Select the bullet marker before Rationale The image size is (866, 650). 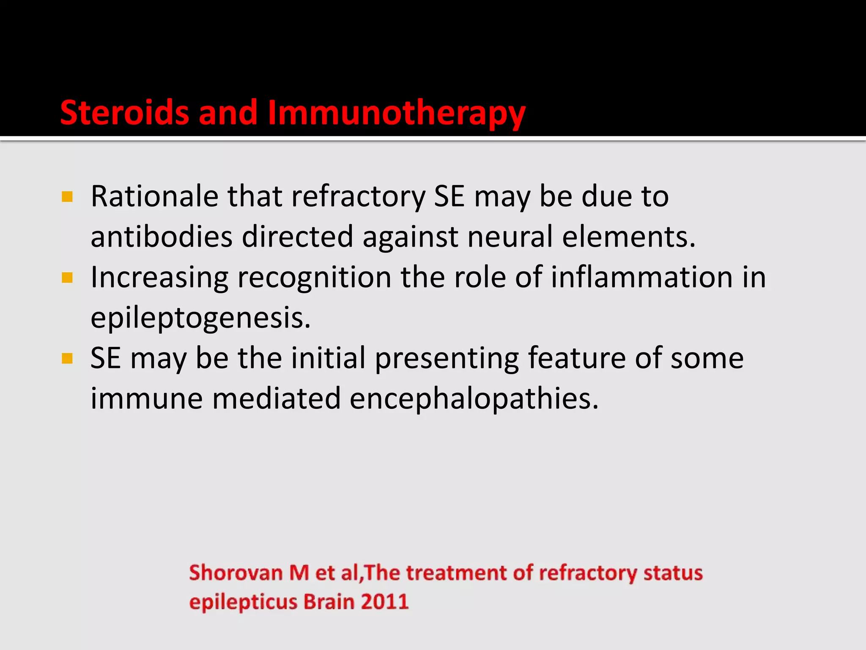[x=67, y=197]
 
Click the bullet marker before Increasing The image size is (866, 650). [x=67, y=278]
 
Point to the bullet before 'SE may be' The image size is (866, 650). [x=67, y=359]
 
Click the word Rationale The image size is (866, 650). [x=155, y=196]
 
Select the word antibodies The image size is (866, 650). [x=161, y=237]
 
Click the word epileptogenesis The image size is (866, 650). [x=200, y=318]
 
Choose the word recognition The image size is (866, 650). [x=314, y=278]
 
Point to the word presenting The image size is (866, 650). [x=447, y=359]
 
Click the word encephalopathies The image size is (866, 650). [x=474, y=399]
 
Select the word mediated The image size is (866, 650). [x=276, y=399]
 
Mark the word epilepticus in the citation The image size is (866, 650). [x=243, y=602]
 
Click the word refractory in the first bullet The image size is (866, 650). [x=358, y=196]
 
